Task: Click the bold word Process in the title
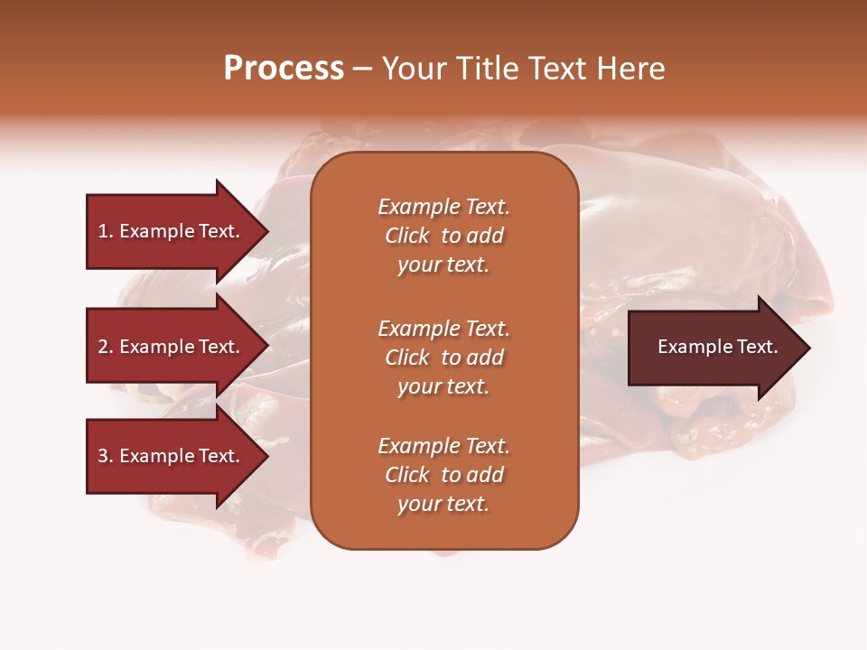(284, 69)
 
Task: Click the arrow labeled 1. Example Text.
(172, 231)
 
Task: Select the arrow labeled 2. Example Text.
(172, 347)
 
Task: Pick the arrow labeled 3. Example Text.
(172, 456)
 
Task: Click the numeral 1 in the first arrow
(103, 231)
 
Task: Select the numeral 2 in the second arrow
(103, 347)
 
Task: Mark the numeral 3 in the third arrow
(103, 456)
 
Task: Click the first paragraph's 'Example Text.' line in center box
(443, 207)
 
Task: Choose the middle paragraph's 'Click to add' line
(443, 357)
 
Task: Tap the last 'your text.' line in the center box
(443, 504)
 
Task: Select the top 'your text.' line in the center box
(443, 265)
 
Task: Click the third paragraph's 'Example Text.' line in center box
(443, 446)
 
